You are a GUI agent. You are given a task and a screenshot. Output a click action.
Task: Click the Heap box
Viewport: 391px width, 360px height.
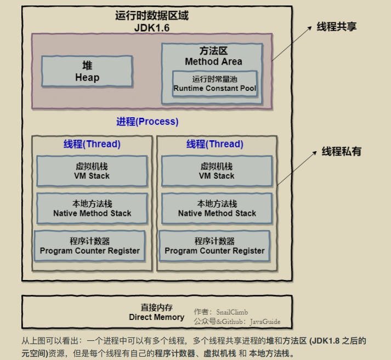pyautogui.click(x=87, y=71)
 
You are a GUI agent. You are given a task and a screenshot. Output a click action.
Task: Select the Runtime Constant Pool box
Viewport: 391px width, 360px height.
pyautogui.click(x=215, y=84)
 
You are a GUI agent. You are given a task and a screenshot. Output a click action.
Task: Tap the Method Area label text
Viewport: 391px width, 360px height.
pyautogui.click(x=213, y=61)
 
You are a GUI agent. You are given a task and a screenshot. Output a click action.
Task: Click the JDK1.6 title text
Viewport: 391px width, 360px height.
pyautogui.click(x=152, y=28)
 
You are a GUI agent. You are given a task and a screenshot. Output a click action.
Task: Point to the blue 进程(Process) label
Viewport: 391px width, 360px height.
pyautogui.click(x=148, y=122)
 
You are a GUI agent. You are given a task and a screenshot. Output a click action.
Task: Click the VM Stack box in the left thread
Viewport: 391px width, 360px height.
pyautogui.click(x=92, y=171)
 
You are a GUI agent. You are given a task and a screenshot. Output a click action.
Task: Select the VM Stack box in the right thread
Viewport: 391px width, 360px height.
pyautogui.click(x=217, y=171)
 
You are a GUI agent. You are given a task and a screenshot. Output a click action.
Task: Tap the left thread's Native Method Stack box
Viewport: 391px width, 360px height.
pyautogui.click(x=92, y=209)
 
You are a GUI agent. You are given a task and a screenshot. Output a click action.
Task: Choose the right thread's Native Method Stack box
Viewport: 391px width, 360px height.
pyautogui.click(x=217, y=209)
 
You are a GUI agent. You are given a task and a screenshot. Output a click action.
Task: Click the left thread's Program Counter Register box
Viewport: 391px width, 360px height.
pyautogui.click(x=89, y=246)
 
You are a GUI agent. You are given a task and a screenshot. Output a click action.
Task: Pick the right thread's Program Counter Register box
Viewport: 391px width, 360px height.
pyautogui.click(x=214, y=246)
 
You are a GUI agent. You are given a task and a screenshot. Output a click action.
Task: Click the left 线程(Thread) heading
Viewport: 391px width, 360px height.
pyautogui.click(x=92, y=144)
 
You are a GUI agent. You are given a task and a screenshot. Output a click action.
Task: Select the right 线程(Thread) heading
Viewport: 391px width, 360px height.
pyautogui.click(x=215, y=144)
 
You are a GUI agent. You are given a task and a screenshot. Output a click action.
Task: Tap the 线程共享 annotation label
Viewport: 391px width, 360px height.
pyautogui.click(x=337, y=27)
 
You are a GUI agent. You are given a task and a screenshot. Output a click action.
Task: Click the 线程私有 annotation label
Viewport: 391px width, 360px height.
pyautogui.click(x=342, y=151)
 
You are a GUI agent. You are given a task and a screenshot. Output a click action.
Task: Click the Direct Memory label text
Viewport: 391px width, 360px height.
pyautogui.click(x=157, y=317)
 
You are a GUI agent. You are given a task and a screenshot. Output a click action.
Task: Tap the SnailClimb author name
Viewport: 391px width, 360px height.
pyautogui.click(x=232, y=312)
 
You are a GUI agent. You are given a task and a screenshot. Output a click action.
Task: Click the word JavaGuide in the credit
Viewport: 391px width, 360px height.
pyautogui.click(x=265, y=322)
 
